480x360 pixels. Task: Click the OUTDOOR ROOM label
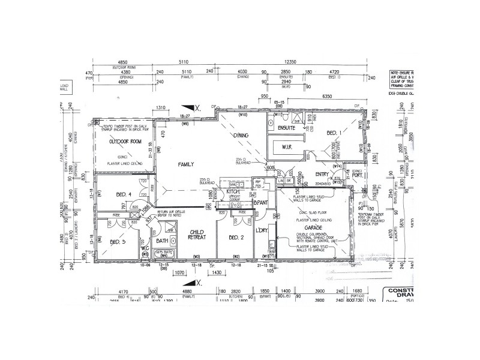(124, 142)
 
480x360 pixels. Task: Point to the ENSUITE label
(287, 128)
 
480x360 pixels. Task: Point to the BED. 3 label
(118, 242)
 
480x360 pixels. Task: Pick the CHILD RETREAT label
(197, 235)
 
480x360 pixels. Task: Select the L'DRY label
(262, 230)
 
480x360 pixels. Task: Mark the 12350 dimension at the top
(291, 61)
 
